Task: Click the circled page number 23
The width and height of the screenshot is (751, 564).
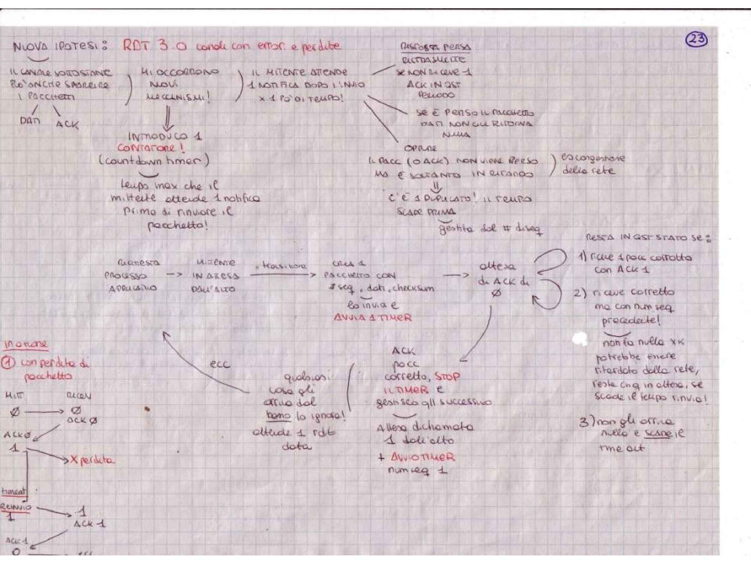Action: (x=697, y=39)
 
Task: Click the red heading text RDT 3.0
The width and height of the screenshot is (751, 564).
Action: (x=154, y=46)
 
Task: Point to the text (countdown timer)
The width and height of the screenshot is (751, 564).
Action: (x=154, y=161)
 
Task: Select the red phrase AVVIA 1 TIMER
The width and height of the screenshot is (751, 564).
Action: (x=372, y=318)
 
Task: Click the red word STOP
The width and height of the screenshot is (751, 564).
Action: (x=447, y=376)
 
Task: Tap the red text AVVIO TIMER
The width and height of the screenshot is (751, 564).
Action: (x=422, y=457)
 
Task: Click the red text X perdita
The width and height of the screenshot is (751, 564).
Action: (x=92, y=460)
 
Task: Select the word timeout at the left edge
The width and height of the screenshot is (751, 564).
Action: (x=14, y=491)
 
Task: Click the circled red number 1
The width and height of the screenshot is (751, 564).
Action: (x=8, y=363)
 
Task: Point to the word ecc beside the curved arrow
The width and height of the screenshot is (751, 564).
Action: (x=220, y=364)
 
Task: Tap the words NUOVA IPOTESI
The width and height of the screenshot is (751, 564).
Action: (x=60, y=47)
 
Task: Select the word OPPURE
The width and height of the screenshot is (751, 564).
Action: (x=421, y=148)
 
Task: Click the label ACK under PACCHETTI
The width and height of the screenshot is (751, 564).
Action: (x=68, y=124)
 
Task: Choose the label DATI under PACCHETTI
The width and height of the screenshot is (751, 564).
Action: (x=30, y=121)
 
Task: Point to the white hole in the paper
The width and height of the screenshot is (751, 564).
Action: (x=580, y=339)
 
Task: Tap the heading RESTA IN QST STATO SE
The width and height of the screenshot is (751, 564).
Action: (x=648, y=238)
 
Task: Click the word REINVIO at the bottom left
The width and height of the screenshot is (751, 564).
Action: (x=16, y=507)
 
